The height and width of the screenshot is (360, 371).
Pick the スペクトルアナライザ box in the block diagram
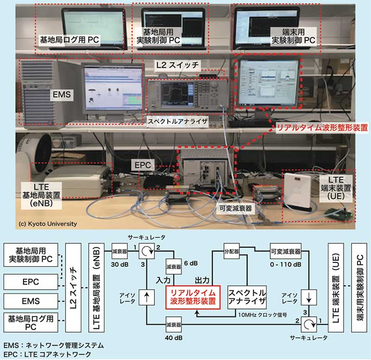[247, 297]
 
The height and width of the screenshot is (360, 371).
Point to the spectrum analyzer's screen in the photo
[176, 92]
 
